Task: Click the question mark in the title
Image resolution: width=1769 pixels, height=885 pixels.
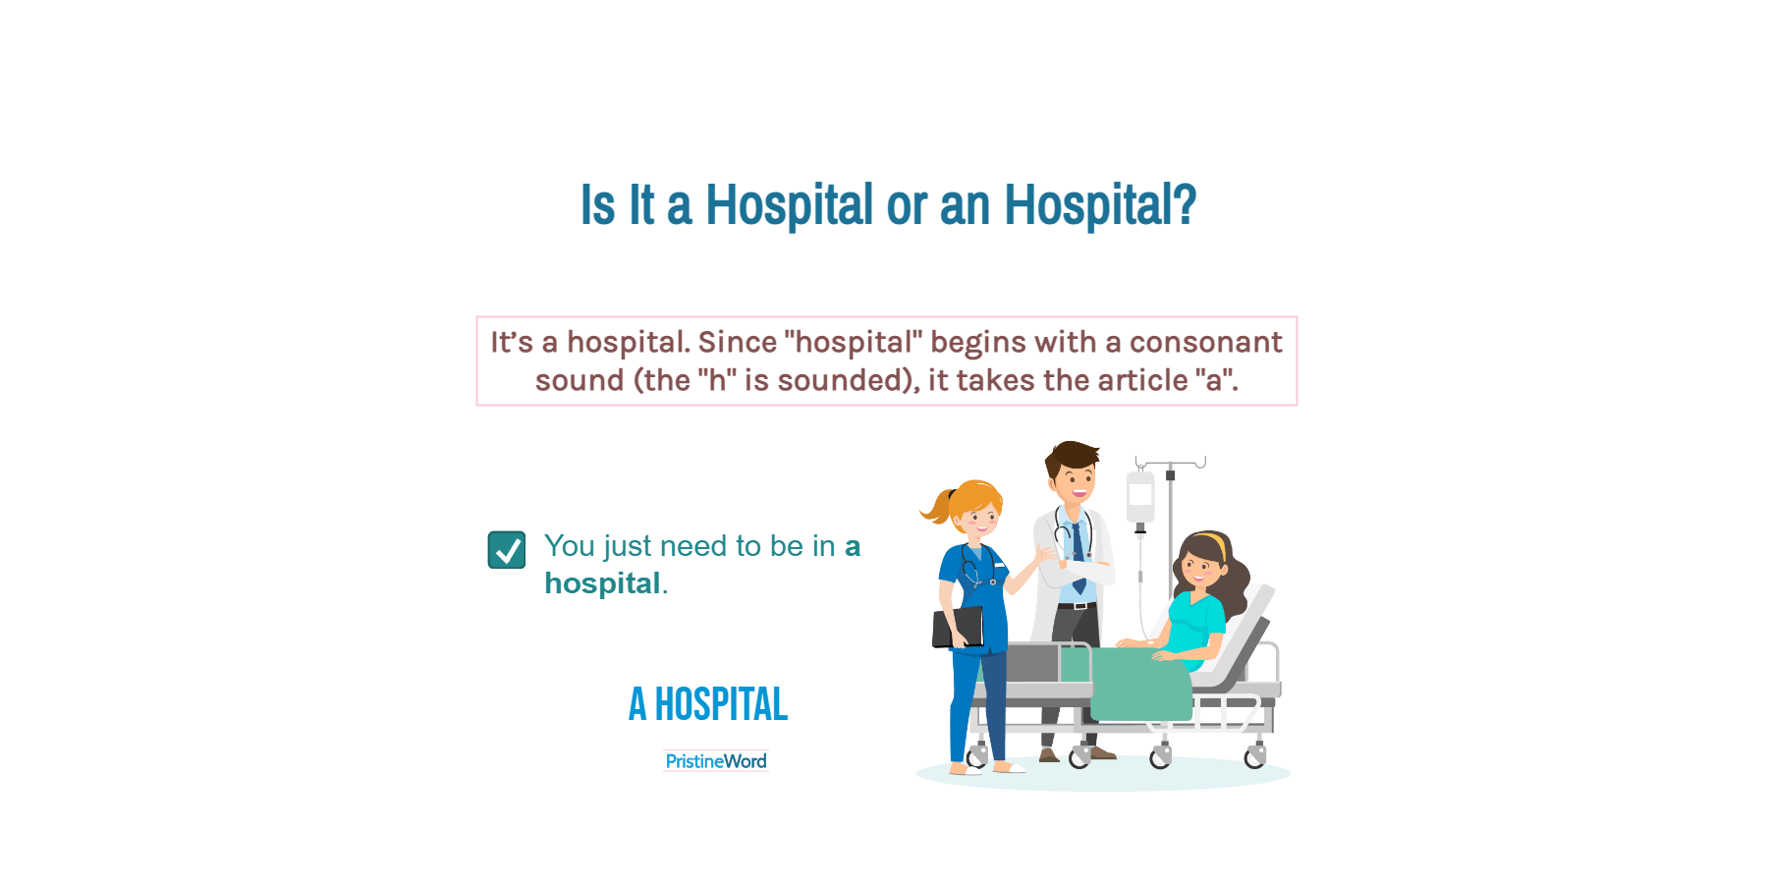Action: [1186, 204]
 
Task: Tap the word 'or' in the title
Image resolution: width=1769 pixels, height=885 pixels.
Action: [907, 206]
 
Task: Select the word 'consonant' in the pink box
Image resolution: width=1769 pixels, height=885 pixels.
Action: [1205, 342]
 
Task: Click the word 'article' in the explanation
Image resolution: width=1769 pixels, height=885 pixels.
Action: [1142, 380]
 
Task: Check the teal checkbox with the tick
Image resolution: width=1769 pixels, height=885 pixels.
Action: [507, 550]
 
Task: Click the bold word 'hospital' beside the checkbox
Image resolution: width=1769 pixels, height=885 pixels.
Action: [602, 583]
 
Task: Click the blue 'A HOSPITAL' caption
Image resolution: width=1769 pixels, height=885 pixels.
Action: [708, 704]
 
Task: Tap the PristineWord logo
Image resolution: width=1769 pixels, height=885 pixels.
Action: [716, 761]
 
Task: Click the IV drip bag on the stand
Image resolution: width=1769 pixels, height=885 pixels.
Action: [1139, 498]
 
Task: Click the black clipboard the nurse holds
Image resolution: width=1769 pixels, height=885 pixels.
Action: [958, 628]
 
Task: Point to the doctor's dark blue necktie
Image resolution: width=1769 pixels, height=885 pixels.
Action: [1078, 556]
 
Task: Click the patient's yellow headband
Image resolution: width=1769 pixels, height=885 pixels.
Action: [1216, 543]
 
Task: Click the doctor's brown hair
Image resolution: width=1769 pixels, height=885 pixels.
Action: [1072, 457]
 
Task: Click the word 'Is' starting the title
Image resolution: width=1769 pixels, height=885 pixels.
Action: [598, 205]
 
